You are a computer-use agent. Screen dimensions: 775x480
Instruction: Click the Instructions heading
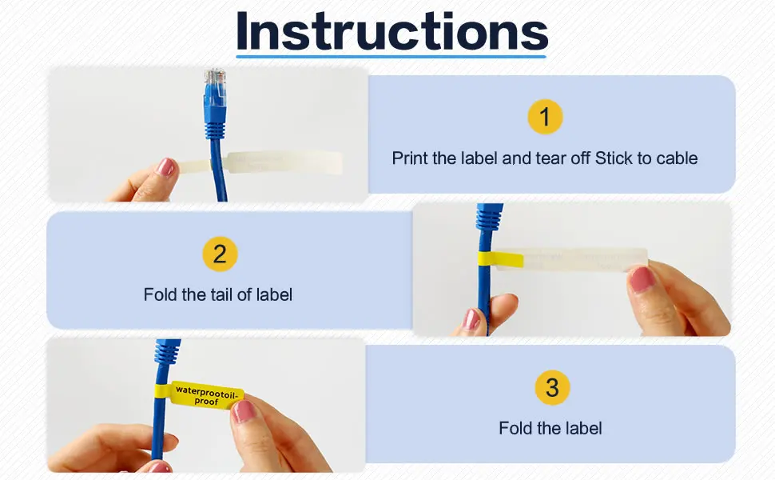392,31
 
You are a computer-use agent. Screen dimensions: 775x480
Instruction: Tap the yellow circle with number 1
545,117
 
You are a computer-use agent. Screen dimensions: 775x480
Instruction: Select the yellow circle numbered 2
220,254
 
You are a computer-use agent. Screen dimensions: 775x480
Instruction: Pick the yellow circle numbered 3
552,387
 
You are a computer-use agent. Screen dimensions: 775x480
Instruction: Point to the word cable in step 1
677,158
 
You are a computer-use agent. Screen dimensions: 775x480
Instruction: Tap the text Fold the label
550,429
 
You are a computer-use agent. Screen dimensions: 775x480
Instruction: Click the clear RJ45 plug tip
215,80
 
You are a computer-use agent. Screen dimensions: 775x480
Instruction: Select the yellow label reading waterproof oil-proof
208,395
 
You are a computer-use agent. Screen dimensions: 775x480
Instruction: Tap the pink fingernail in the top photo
165,167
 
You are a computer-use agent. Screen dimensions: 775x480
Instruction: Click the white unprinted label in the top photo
284,162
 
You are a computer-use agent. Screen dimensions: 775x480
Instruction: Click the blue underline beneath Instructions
391,57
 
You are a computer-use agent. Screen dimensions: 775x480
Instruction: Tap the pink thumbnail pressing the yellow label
244,411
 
